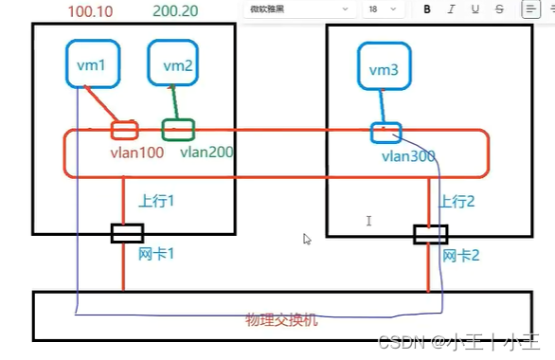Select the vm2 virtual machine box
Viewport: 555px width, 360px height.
pos(177,63)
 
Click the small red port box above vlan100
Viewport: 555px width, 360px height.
pos(124,130)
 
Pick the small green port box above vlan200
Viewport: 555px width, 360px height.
pos(178,128)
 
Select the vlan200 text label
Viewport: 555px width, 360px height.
pos(206,152)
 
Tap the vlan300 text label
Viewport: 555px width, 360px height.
pos(409,155)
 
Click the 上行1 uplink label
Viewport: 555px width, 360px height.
pos(159,201)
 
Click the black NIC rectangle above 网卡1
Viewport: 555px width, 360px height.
pos(127,233)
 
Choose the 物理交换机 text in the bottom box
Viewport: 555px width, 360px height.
pos(280,320)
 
